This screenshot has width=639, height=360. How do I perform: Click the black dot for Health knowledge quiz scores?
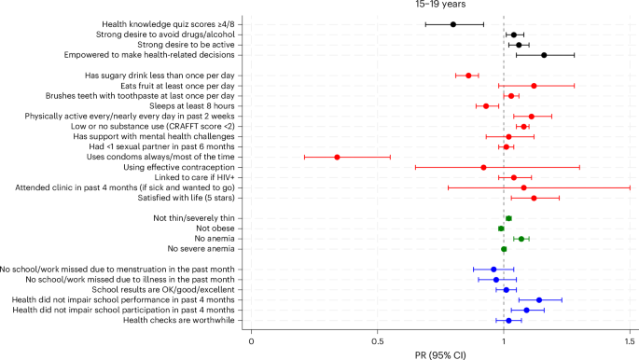pos(453,24)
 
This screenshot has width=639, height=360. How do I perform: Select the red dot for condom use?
pos(337,158)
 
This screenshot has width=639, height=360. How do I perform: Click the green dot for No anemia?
pos(521,239)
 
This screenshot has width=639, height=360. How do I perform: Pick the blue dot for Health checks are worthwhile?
pos(508,320)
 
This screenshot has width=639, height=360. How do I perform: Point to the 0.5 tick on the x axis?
pos(378,328)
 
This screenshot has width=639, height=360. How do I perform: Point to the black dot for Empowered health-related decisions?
pos(544,55)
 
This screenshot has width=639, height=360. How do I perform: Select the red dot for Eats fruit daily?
pos(534,86)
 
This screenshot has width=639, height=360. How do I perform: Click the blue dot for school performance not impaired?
pos(538,300)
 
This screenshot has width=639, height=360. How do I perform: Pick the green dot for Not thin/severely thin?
pos(508,218)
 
